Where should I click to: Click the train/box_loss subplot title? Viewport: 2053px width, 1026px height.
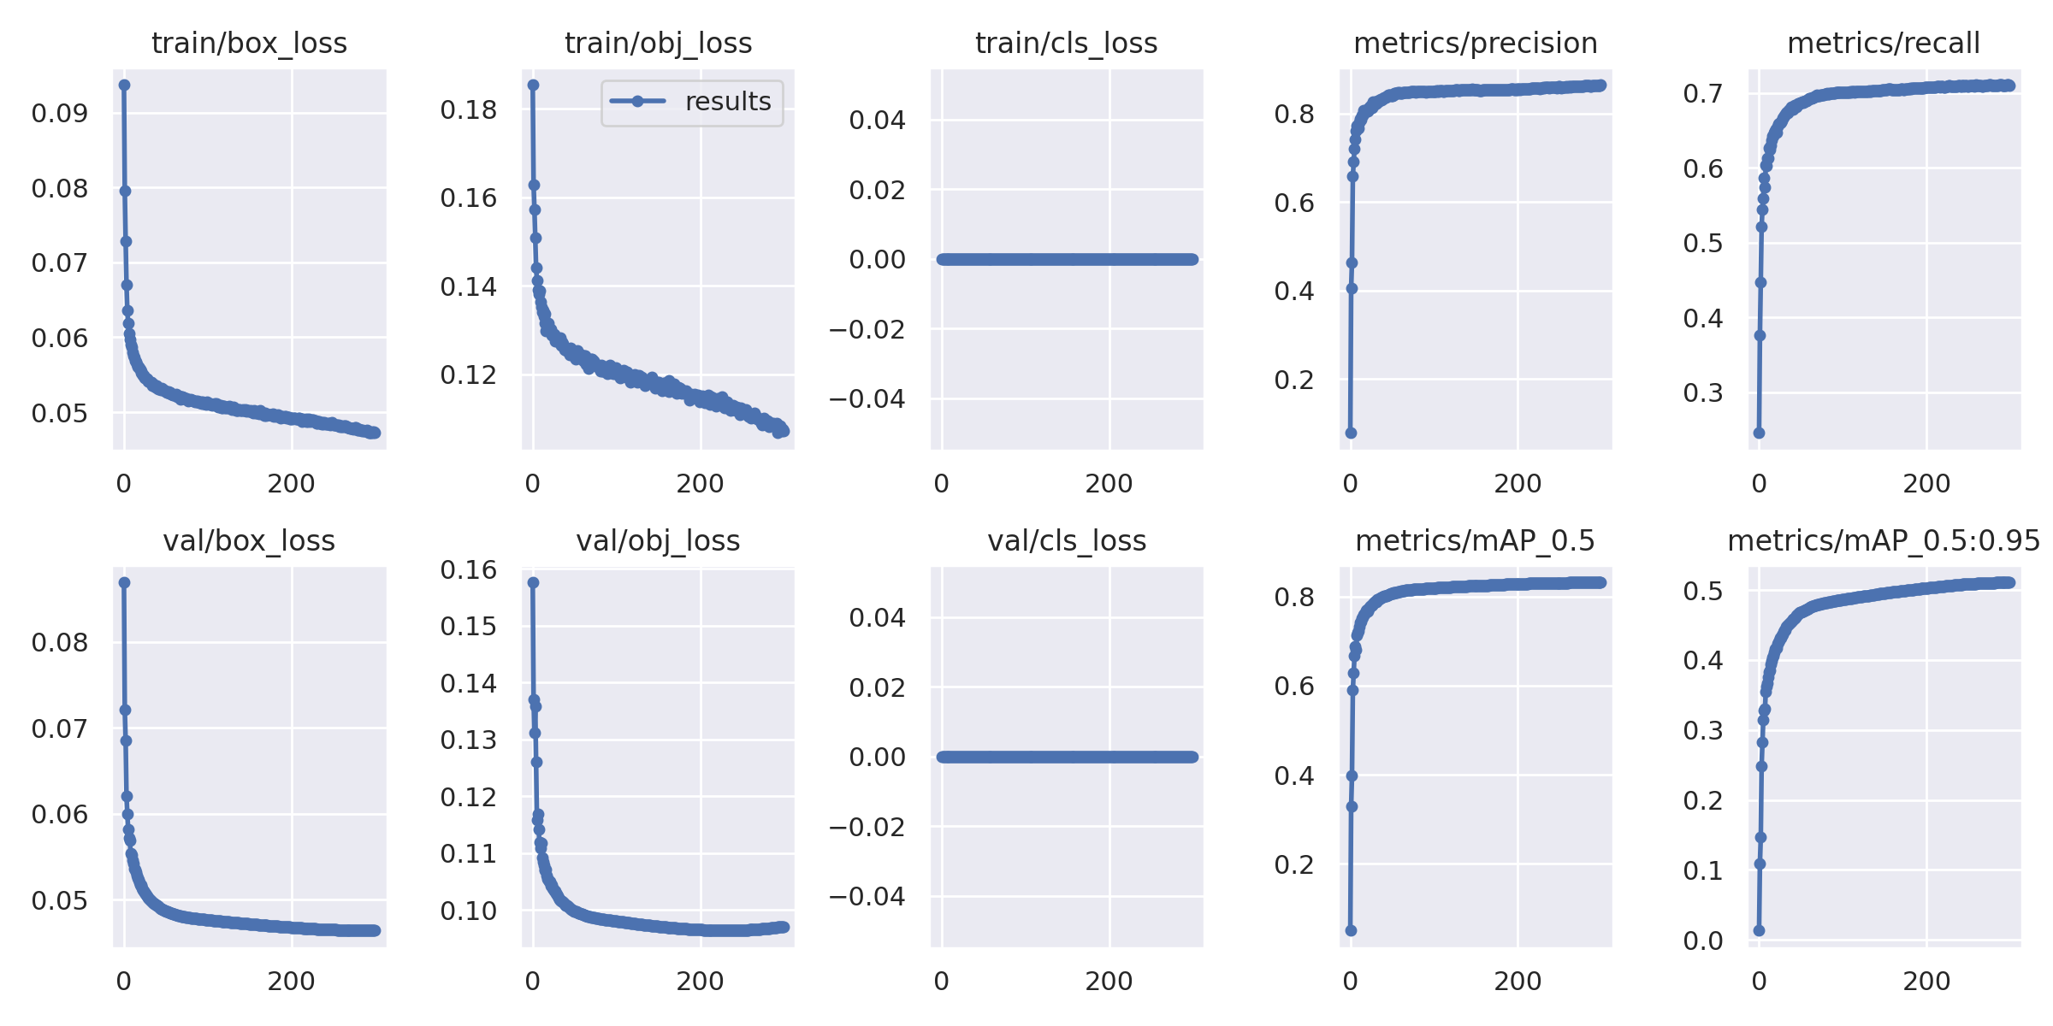[x=249, y=43]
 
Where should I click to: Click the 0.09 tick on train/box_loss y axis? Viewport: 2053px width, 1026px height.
[x=60, y=113]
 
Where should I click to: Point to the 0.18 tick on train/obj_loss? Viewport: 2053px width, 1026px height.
[x=468, y=110]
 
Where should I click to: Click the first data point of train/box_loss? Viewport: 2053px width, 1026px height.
[x=124, y=85]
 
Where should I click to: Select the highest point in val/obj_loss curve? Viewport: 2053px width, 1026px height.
[x=533, y=582]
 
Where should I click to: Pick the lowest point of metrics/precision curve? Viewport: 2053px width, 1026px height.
[x=1351, y=433]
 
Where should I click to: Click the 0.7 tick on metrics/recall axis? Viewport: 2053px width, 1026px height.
[x=1703, y=93]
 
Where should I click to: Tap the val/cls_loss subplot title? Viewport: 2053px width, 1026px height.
[x=1067, y=540]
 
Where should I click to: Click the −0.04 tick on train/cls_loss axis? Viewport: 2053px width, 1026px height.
[x=867, y=398]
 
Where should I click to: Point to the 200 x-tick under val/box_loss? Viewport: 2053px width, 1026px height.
[x=291, y=981]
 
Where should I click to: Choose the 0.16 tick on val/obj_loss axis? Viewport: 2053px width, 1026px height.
[x=468, y=570]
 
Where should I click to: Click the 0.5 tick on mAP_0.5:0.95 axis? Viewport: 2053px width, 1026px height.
[x=1703, y=591]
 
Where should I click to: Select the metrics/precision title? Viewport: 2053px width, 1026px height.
[x=1476, y=43]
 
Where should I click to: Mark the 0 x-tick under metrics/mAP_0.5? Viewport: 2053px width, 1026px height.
[x=1350, y=981]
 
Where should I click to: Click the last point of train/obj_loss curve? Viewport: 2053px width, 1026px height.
[x=784, y=431]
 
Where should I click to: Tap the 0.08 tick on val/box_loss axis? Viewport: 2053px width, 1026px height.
[x=60, y=643]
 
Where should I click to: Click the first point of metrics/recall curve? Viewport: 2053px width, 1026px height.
[x=1759, y=433]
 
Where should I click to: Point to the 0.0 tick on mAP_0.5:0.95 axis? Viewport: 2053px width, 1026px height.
[x=1703, y=940]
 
